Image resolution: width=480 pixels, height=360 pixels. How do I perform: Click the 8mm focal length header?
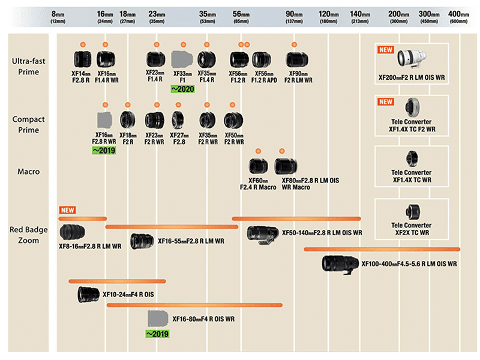pos(58,15)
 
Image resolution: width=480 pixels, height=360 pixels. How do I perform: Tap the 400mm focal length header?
pos(458,15)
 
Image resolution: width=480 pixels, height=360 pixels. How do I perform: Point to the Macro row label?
pos(28,172)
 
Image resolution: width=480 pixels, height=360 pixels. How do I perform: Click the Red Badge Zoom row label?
pos(25,235)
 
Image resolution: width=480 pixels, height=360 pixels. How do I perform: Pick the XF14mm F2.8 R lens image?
pos(82,59)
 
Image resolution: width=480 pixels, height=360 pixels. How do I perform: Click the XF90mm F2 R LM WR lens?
pos(294,59)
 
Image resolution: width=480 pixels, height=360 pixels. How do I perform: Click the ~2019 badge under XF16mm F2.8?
pos(104,151)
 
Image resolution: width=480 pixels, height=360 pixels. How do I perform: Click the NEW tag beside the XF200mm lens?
pos(385,50)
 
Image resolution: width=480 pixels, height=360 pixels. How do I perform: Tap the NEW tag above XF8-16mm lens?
pos(67,210)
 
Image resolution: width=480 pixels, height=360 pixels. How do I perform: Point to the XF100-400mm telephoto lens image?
pos(340,263)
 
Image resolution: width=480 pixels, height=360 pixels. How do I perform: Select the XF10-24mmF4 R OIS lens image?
pos(88,294)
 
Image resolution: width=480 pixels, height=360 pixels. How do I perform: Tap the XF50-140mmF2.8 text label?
pos(322,233)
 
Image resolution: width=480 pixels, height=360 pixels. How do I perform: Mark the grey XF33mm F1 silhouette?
pos(181,59)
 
